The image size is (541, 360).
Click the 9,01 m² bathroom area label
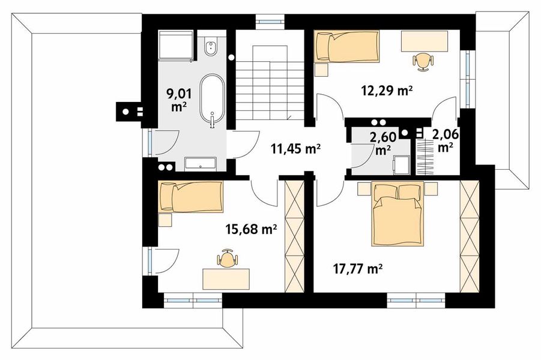[x=179, y=100]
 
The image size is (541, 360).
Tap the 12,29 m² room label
[x=387, y=91]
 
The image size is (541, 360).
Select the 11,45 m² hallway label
[x=295, y=149]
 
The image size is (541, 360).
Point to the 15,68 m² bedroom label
[x=251, y=229]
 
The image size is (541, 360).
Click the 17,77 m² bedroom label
[x=358, y=268]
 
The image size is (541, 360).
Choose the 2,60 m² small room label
[x=382, y=143]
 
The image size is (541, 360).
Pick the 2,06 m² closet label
[x=446, y=140]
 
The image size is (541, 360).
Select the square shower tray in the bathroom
[x=175, y=46]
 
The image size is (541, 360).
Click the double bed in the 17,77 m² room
[x=397, y=214]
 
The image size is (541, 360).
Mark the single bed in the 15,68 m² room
[x=191, y=197]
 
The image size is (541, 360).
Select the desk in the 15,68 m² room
[x=226, y=279]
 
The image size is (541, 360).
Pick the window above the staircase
[x=270, y=22]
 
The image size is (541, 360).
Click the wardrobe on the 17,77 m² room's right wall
[x=470, y=236]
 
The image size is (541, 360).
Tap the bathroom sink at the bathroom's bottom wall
[x=201, y=164]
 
